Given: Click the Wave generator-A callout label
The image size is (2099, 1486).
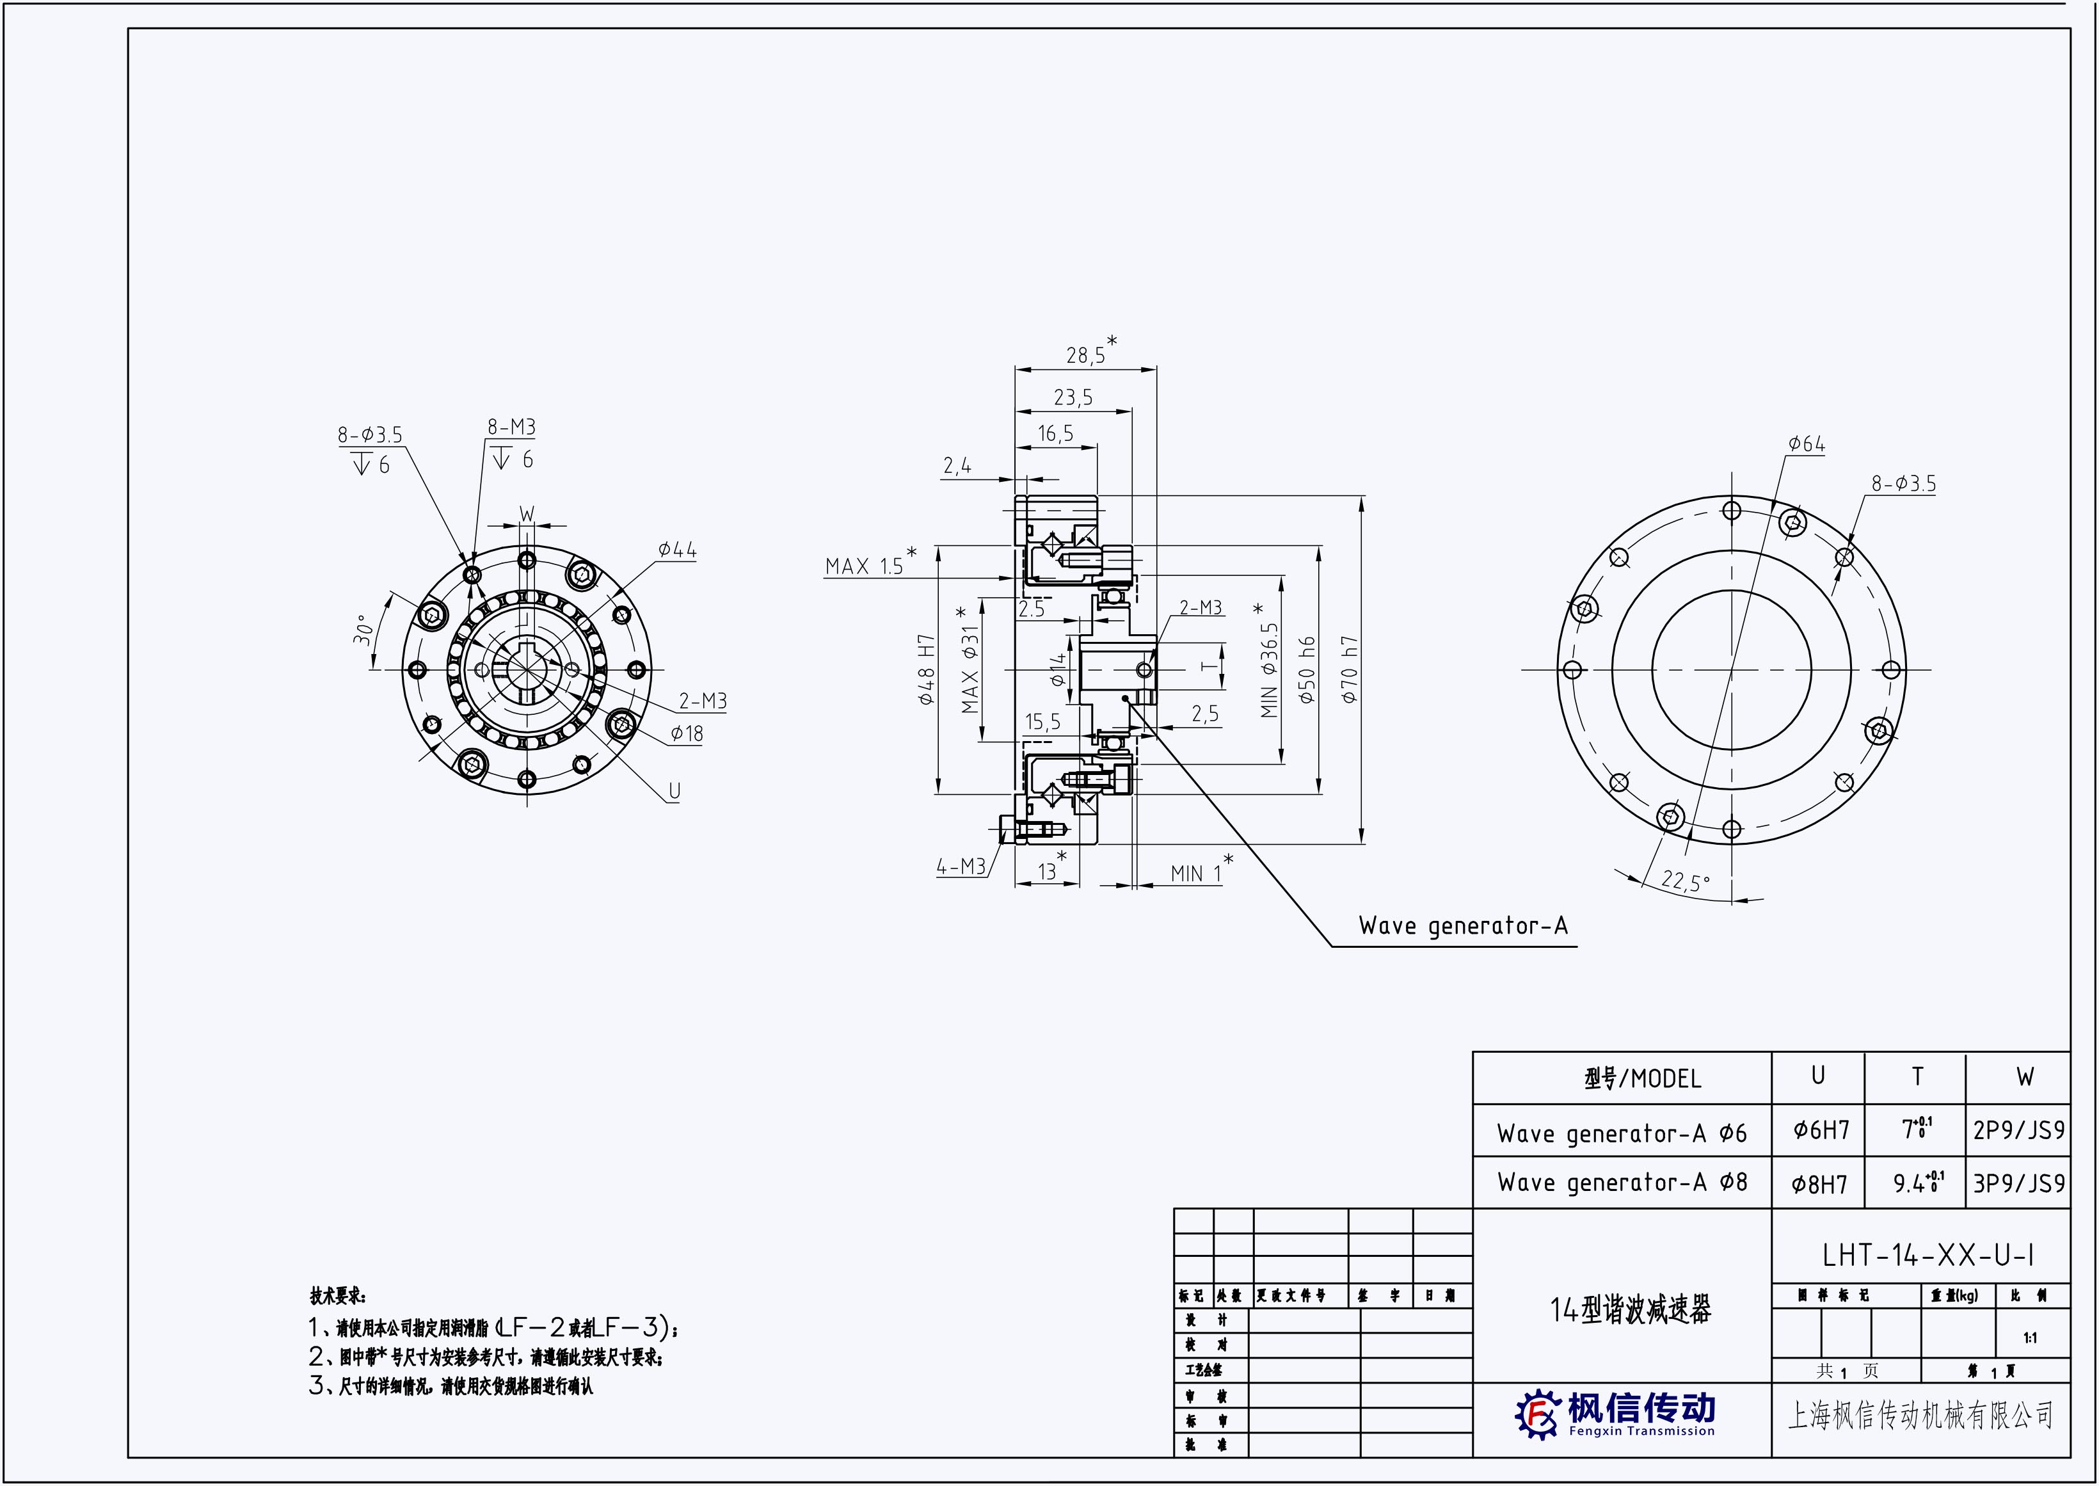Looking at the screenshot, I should (1462, 926).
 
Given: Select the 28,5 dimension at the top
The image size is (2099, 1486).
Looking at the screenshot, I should (1085, 355).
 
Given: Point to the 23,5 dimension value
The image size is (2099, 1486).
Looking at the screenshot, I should (1073, 398).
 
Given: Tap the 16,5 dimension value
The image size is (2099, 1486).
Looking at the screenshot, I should (1055, 434).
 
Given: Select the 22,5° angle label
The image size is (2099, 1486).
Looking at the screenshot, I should (1684, 881).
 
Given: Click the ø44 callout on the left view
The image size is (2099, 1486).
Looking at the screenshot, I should (677, 550).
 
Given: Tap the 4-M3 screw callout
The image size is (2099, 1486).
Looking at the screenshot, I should (960, 867).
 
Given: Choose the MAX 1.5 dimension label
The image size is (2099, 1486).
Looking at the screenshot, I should (864, 566).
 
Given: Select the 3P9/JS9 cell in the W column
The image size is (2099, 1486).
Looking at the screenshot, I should (2018, 1183).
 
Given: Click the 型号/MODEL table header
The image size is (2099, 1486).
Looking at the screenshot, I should (1643, 1080).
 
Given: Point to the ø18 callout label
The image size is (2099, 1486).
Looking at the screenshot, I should (686, 734).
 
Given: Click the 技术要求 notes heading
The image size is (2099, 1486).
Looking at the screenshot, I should (338, 1297).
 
